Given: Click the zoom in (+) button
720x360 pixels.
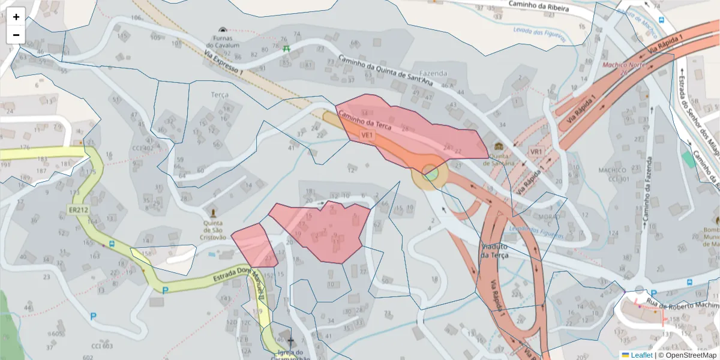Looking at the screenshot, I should (x=16, y=17).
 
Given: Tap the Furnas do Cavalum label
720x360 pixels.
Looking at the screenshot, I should (x=223, y=41).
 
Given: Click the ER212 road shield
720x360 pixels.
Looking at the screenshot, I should (x=78, y=211).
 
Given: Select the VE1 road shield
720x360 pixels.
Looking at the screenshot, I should (x=367, y=136).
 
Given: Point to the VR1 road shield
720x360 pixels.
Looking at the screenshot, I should (x=536, y=151).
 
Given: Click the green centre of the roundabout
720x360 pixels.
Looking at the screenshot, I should (x=430, y=175).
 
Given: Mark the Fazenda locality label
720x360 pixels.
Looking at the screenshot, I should (x=433, y=73).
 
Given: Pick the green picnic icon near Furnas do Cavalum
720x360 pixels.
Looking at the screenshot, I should (x=286, y=48).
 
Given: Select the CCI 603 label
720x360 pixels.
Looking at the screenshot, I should (x=102, y=346).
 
